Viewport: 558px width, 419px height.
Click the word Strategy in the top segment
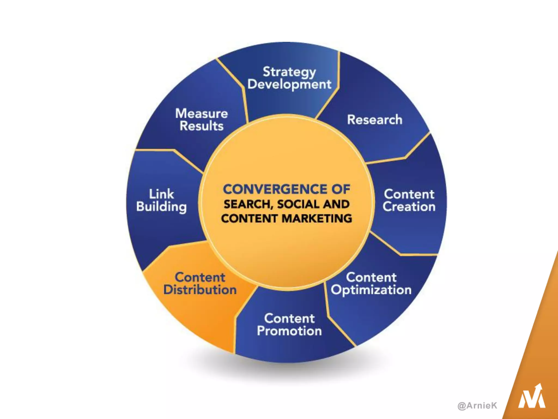click(289, 72)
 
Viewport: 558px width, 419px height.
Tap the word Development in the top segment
click(289, 84)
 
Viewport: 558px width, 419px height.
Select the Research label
click(375, 120)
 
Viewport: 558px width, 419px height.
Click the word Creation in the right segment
click(409, 206)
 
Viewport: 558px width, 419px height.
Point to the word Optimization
click(371, 290)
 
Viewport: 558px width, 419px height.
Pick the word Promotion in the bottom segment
click(289, 331)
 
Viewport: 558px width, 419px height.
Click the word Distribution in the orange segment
click(200, 290)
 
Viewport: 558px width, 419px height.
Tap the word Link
click(161, 194)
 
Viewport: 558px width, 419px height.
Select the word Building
click(162, 207)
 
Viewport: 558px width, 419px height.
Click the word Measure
click(202, 113)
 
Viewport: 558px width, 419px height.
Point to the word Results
click(202, 126)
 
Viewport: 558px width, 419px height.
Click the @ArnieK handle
click(477, 405)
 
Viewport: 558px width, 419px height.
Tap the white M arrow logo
click(532, 397)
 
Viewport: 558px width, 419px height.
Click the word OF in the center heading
click(341, 189)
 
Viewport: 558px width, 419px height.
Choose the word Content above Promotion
click(289, 318)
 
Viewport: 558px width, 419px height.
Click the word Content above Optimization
click(371, 277)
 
